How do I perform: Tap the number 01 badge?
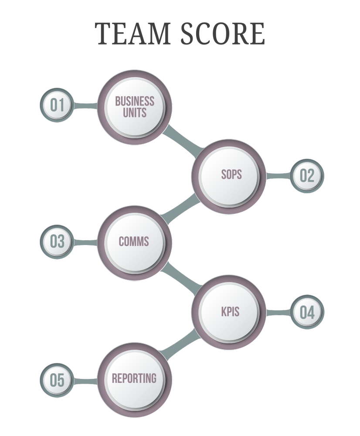pos(57,105)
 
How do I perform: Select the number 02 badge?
pos(307,176)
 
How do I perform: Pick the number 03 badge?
pos(57,242)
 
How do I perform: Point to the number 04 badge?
pos(307,312)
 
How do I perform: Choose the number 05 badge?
pos(57,380)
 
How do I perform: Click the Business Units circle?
pos(134,107)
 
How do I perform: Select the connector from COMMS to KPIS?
pos(182,276)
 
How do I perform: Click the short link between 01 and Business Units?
pos(85,106)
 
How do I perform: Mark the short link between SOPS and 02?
pos(278,176)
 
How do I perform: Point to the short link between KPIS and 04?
pos(278,312)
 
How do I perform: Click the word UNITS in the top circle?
pos(134,113)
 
